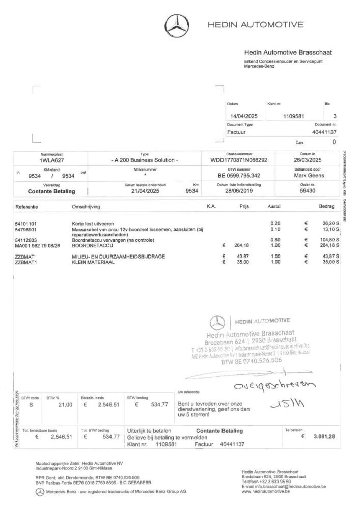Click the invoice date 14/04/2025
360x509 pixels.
[244, 116]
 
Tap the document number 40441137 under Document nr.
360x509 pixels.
[321, 132]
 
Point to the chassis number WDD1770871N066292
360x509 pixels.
[239, 160]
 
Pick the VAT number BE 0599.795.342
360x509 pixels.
[239, 176]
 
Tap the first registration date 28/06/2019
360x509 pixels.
[239, 191]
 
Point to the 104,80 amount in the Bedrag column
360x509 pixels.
[327, 240]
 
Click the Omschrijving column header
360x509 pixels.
[86, 207]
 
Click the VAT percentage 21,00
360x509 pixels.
[61, 405]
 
